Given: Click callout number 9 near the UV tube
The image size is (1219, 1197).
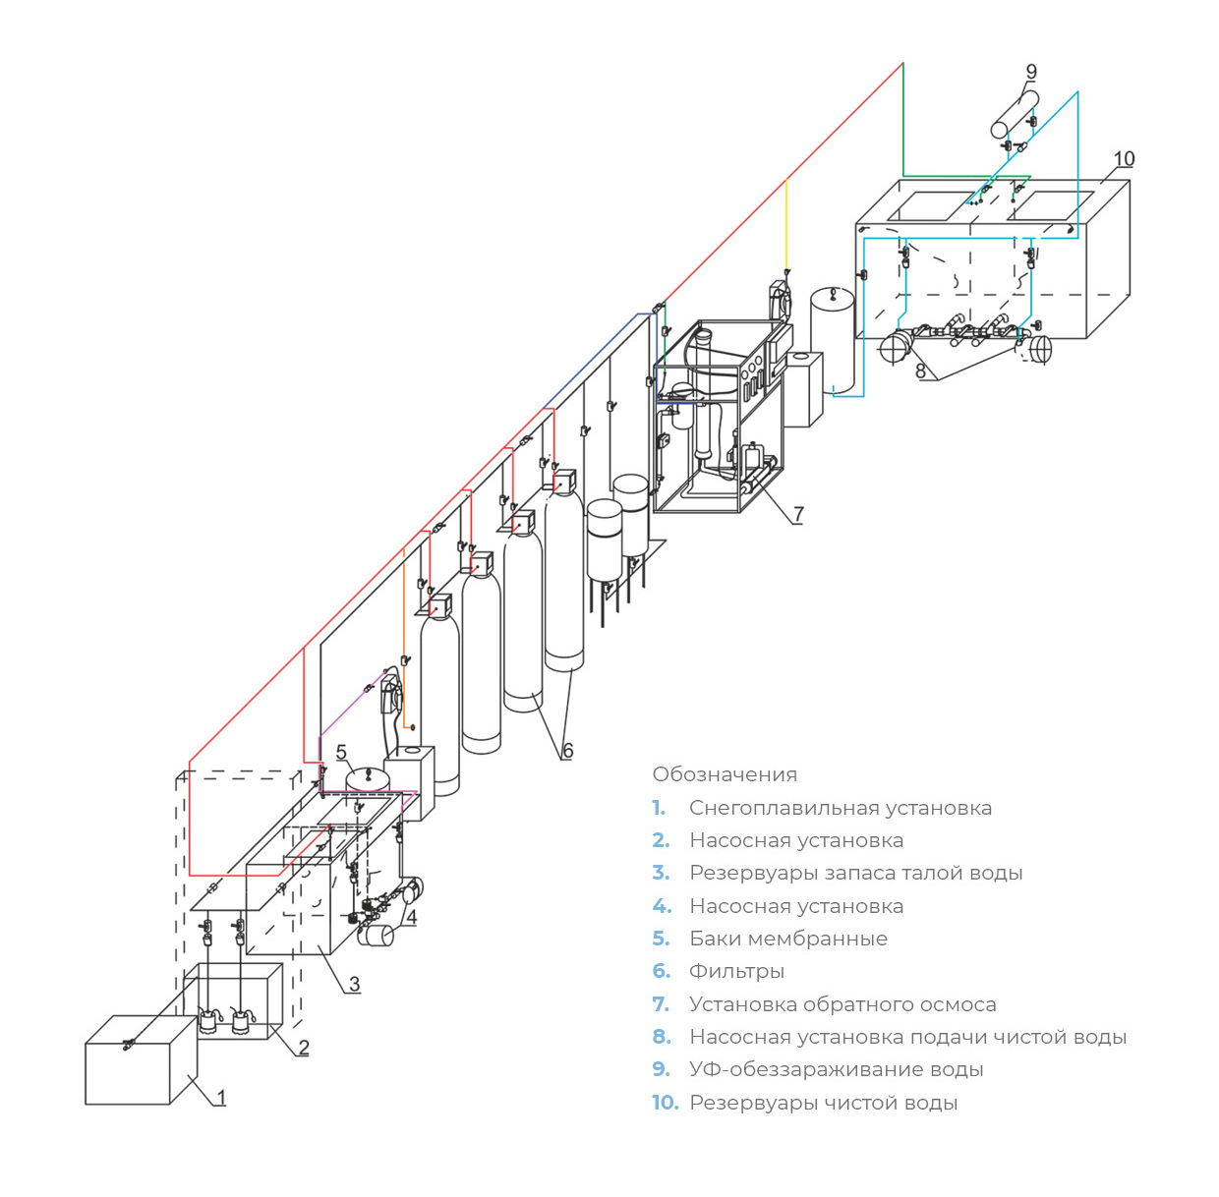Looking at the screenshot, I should pos(1031,72).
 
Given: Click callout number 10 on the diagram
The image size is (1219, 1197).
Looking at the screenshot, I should pos(1124,159).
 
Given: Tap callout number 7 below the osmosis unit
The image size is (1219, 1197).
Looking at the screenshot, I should pos(798,514).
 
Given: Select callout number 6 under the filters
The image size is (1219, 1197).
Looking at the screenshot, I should pos(567,751).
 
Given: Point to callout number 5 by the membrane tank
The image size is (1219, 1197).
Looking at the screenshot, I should pos(341,753).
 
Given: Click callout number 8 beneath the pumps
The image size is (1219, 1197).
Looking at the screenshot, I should pos(920,371).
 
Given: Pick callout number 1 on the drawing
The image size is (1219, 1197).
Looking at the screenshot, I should pos(221,1097).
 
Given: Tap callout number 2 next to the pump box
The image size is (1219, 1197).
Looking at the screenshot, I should pos(304,1048).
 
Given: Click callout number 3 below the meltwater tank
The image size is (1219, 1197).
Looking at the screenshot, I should pos(354,984).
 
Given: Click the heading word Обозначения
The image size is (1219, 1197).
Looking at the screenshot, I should pos(725,774).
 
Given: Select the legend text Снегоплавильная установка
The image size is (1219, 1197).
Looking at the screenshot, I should pos(840,808).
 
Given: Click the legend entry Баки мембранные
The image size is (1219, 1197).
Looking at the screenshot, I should pos(787,939).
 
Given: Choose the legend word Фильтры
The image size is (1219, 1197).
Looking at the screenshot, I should pos(736,971).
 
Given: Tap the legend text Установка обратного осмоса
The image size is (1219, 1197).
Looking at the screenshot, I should pos(842,1004).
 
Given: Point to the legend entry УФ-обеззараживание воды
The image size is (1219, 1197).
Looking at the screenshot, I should pos(836,1069).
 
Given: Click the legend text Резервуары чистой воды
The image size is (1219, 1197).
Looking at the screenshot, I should pos(823,1103).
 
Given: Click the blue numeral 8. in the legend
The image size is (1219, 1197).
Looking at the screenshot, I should pos(662,1037).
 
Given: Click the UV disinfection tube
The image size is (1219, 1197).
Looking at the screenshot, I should pos(1014,115).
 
